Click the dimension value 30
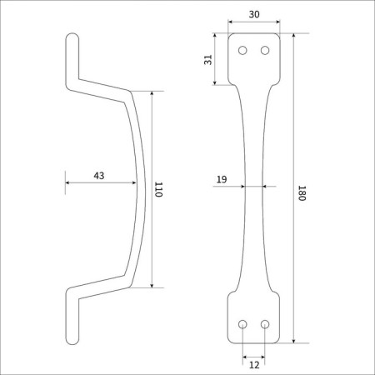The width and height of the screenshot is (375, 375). (254, 14)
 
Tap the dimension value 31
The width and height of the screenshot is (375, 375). (208, 60)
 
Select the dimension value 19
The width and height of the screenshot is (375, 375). (222, 179)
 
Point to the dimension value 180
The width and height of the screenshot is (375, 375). (302, 193)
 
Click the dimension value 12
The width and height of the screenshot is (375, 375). (254, 365)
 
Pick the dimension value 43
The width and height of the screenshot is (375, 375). (99, 176)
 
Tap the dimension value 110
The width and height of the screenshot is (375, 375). (158, 190)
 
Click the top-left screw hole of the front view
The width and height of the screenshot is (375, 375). (242, 51)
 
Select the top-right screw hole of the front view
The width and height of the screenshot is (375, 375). (265, 51)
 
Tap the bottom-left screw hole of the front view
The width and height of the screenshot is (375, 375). (242, 324)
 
